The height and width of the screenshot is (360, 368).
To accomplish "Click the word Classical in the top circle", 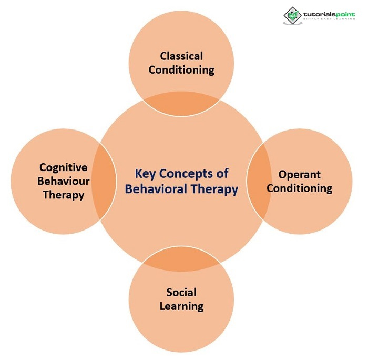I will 181,56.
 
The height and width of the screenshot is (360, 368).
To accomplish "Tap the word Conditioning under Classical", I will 181,69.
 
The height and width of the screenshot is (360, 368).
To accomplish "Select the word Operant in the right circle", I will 300,175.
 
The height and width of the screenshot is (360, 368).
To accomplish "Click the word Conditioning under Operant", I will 300,188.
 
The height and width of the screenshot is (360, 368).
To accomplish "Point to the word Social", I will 181,293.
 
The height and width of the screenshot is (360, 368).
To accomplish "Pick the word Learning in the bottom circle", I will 181,306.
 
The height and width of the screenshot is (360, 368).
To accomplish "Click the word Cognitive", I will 63,167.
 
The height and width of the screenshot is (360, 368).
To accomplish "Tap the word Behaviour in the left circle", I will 63,181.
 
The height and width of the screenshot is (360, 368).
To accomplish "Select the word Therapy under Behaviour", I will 63,195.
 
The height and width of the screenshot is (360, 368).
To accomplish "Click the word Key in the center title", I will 145,174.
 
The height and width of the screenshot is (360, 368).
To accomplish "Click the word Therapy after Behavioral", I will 213,188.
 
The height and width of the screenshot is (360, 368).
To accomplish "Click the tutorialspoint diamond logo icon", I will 292,15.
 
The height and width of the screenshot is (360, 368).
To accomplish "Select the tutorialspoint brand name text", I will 329,14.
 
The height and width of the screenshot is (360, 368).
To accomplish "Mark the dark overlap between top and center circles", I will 181,104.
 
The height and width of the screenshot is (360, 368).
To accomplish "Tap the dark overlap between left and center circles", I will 105,182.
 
